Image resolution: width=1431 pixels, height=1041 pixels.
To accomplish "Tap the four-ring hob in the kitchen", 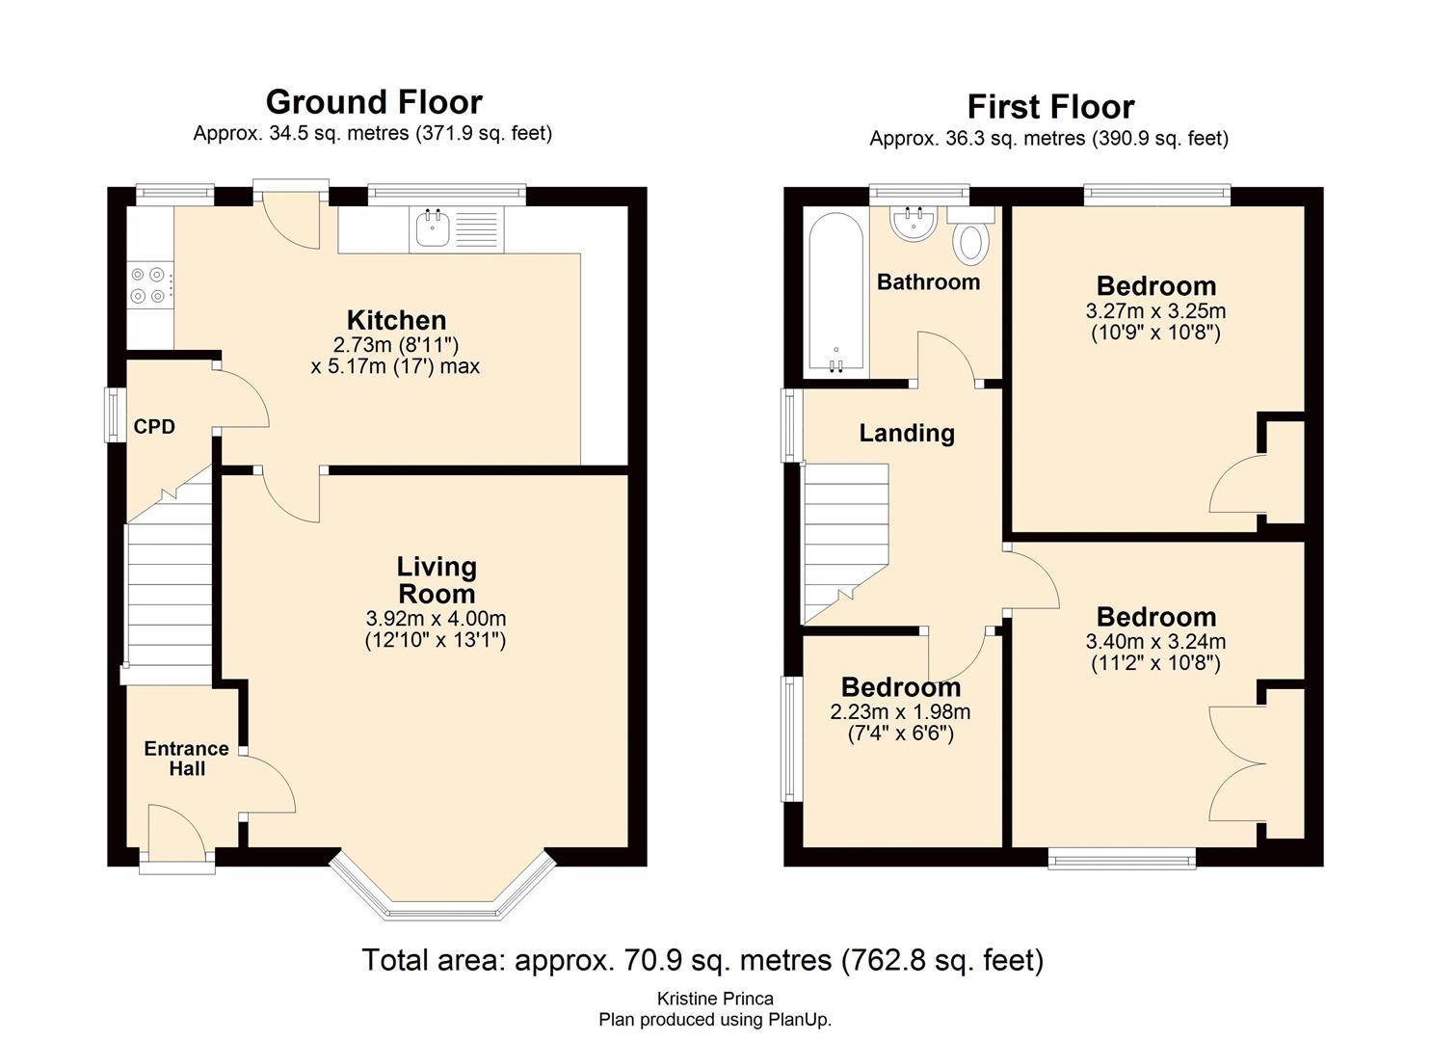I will coord(151,286).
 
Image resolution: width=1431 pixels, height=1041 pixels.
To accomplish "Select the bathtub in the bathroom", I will coord(835,294).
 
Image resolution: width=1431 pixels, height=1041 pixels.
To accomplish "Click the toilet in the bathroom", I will coord(970,241).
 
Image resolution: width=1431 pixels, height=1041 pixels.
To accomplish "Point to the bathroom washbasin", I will coord(914,224).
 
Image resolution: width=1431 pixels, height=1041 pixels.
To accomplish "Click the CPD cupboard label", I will coord(154,426).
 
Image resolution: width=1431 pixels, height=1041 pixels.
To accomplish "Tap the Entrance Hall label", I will coord(186,759).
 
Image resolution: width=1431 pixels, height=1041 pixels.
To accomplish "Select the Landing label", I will coord(907,434).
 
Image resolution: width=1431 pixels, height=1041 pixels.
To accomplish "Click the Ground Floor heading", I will coord(374,102).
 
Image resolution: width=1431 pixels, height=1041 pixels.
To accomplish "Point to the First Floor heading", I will coord(1050,107).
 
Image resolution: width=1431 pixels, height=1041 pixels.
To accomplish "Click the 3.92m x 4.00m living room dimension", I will coord(436,619).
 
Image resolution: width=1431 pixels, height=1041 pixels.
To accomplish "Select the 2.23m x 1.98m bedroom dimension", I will coord(900,712).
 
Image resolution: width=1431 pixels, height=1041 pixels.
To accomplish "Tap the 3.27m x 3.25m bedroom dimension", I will coord(1155,311).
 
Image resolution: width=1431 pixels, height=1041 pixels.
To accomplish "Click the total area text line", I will coord(702,960).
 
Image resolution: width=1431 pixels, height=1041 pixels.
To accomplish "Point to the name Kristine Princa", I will coord(715,999).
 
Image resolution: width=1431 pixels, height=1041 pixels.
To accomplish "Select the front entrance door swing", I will coord(176,831).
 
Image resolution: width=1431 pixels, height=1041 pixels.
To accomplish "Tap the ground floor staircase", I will coord(169,588).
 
